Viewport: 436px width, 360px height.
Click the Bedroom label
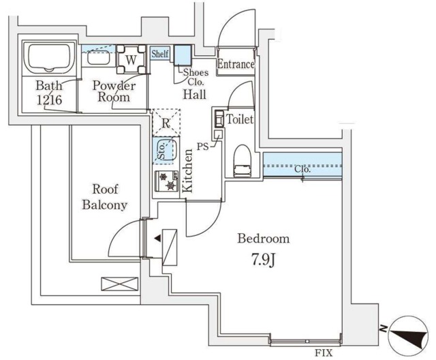(264, 239)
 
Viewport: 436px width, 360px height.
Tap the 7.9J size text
(264, 260)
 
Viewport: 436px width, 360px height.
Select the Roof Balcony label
(106, 198)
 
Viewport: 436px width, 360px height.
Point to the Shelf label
(160, 54)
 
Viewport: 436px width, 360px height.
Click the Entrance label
(236, 65)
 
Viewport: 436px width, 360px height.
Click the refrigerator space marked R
(166, 123)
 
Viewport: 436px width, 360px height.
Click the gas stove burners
(166, 181)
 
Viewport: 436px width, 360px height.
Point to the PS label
(203, 145)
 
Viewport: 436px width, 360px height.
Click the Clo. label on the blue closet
(302, 169)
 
